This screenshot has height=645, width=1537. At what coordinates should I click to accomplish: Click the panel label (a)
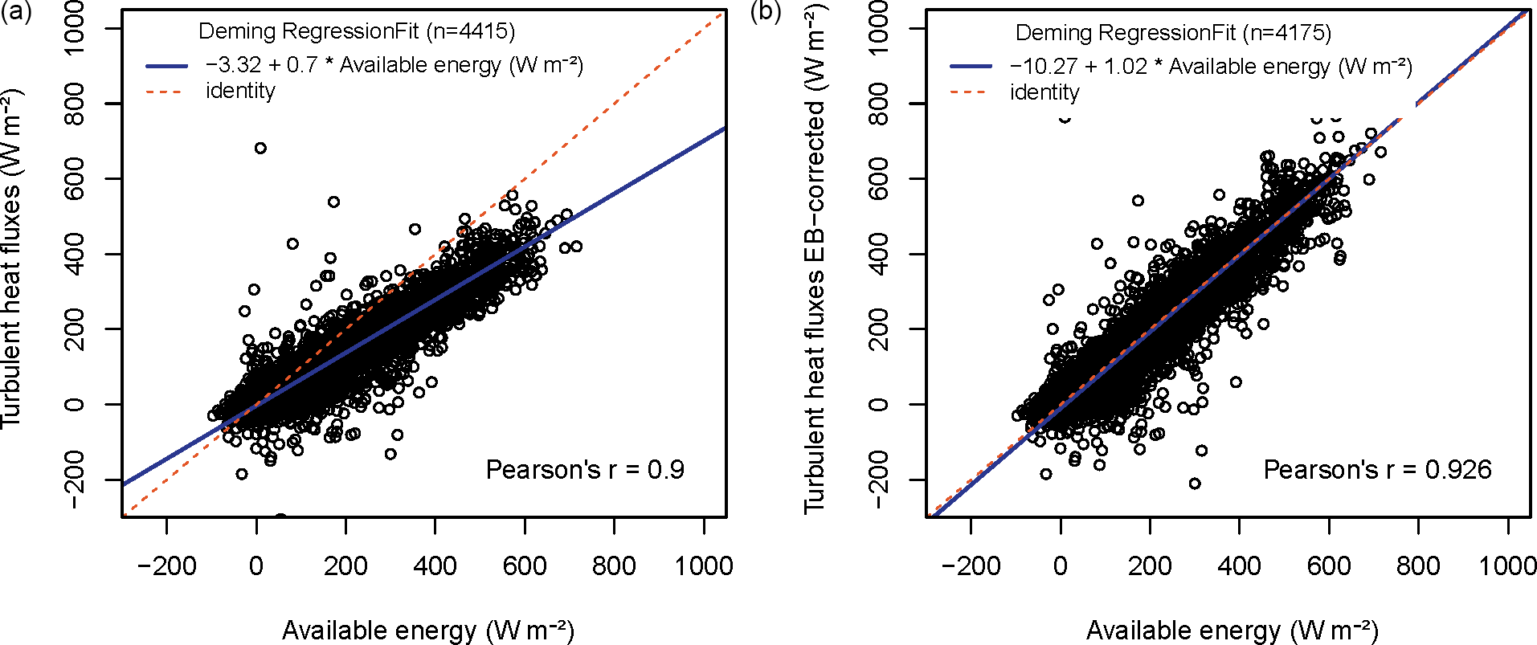(15, 13)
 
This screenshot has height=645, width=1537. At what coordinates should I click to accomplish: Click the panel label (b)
(765, 13)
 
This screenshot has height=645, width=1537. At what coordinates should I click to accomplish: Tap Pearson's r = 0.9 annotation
(585, 470)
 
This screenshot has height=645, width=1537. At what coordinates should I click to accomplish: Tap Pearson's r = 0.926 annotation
(1377, 470)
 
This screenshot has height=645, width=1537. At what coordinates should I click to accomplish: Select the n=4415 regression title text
(357, 31)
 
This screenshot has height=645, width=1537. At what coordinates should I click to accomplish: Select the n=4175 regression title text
(1173, 33)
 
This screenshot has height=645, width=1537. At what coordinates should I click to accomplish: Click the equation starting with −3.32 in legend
(394, 65)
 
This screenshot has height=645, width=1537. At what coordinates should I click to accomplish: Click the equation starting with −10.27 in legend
(1211, 67)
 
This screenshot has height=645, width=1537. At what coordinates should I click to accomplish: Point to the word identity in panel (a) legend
(240, 91)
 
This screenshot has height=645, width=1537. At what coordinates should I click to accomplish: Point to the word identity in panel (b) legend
(1044, 92)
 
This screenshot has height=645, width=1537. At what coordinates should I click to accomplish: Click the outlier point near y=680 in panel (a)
(260, 148)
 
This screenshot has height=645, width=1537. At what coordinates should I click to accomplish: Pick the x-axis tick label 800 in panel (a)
(614, 566)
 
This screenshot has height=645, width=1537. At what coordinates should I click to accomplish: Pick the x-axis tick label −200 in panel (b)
(971, 566)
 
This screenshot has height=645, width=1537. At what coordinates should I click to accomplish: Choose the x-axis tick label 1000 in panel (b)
(1507, 566)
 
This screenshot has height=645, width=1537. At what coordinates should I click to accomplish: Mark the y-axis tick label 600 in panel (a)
(74, 178)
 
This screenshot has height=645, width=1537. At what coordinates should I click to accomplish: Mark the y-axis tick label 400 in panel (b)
(879, 254)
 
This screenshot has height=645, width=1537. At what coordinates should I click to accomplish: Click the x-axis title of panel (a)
(427, 631)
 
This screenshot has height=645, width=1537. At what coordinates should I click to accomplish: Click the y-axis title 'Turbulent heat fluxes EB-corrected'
(816, 257)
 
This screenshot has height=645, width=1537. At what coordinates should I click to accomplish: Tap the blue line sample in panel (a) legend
(166, 66)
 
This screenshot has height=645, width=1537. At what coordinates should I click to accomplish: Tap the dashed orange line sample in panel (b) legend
(971, 92)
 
